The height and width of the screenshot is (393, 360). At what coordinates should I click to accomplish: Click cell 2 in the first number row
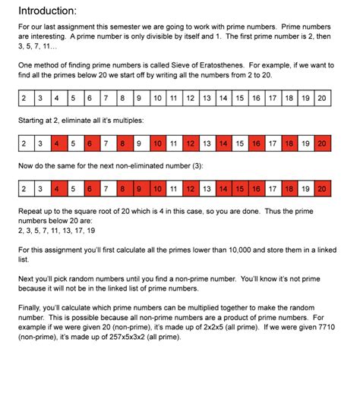pos(24,98)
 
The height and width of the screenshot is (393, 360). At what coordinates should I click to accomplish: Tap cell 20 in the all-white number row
pos(322,98)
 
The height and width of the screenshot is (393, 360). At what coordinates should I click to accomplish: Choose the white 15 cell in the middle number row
pos(239,143)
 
